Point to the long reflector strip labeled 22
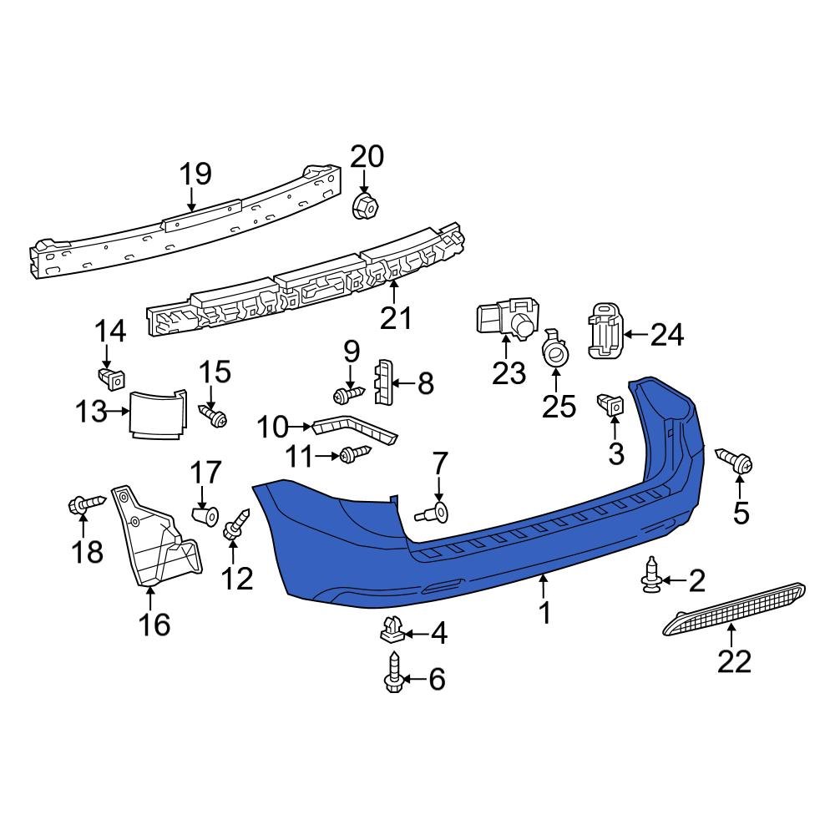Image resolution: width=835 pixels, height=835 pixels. coord(735,610)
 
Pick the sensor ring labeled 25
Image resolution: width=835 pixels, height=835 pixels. coord(554,353)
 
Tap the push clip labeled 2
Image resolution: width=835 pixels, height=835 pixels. coord(651,577)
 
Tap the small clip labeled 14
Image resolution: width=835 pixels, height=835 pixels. coord(109,378)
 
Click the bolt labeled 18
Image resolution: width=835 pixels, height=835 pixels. coord(83,504)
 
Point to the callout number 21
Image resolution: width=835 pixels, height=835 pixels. coord(397,317)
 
